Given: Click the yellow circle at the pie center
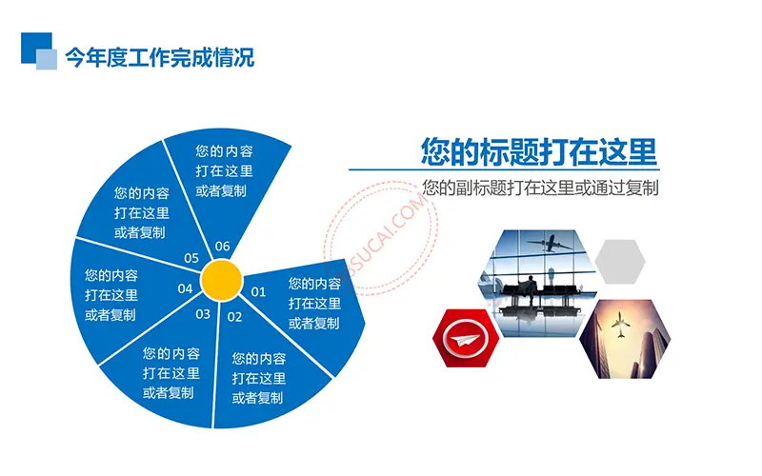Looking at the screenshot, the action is tap(222, 280).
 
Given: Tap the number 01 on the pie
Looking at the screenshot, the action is tap(258, 292).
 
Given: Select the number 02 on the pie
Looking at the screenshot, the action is tap(234, 317).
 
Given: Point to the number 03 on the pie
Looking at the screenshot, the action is tap(203, 314).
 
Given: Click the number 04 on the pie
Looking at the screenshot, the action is tap(185, 289).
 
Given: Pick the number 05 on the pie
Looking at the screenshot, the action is tap(191, 258).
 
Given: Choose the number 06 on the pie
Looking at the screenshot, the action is tap(222, 247).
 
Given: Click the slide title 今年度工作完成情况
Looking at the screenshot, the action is tap(159, 57).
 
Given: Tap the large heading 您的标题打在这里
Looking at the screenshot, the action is tap(538, 151).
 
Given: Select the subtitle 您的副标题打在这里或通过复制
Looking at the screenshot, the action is tap(540, 188).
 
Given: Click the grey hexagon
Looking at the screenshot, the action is tap(620, 262).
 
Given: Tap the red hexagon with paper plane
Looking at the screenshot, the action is tap(466, 338).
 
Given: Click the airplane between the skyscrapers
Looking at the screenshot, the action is tap(620, 324).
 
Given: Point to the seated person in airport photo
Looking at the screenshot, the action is tap(531, 289).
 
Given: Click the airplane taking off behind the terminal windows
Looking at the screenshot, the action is tap(550, 244).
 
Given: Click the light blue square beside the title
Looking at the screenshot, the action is tap(47, 60).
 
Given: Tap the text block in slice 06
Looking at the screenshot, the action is tap(224, 171).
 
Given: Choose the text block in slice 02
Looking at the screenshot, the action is tap(258, 378).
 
